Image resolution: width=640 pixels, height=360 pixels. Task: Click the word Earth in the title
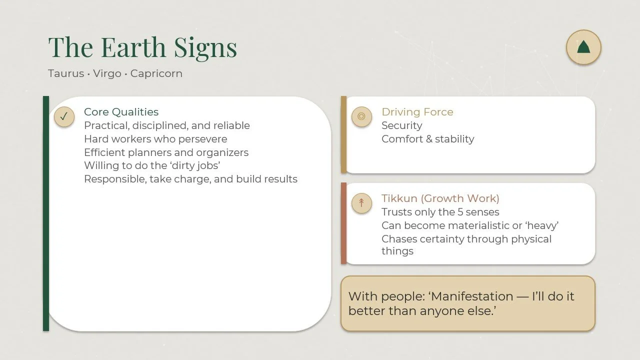pos(133,47)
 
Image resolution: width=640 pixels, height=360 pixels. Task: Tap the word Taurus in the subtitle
pos(66,73)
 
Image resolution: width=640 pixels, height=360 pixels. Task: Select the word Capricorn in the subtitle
pos(156,73)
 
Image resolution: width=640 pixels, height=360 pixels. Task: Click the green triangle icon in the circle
pos(583,47)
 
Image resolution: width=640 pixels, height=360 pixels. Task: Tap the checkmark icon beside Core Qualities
pos(64,116)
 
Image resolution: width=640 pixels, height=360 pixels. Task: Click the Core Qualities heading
pos(121,112)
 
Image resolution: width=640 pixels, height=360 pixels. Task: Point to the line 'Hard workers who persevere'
pos(155,139)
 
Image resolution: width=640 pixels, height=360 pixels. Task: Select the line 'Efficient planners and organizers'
pos(166,152)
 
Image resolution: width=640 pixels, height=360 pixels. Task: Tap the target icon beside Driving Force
pos(361,116)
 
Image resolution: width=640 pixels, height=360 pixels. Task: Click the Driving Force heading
pos(417,112)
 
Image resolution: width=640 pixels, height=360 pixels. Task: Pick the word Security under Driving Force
pos(401,125)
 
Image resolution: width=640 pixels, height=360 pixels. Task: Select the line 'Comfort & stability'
pos(427,139)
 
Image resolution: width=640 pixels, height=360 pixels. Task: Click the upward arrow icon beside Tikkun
pos(361,203)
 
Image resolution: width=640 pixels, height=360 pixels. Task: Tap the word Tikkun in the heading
pos(399,198)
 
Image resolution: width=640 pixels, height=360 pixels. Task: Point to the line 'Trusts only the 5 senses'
pos(440,212)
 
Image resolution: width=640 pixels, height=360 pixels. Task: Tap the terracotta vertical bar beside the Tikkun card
pos(343,223)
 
